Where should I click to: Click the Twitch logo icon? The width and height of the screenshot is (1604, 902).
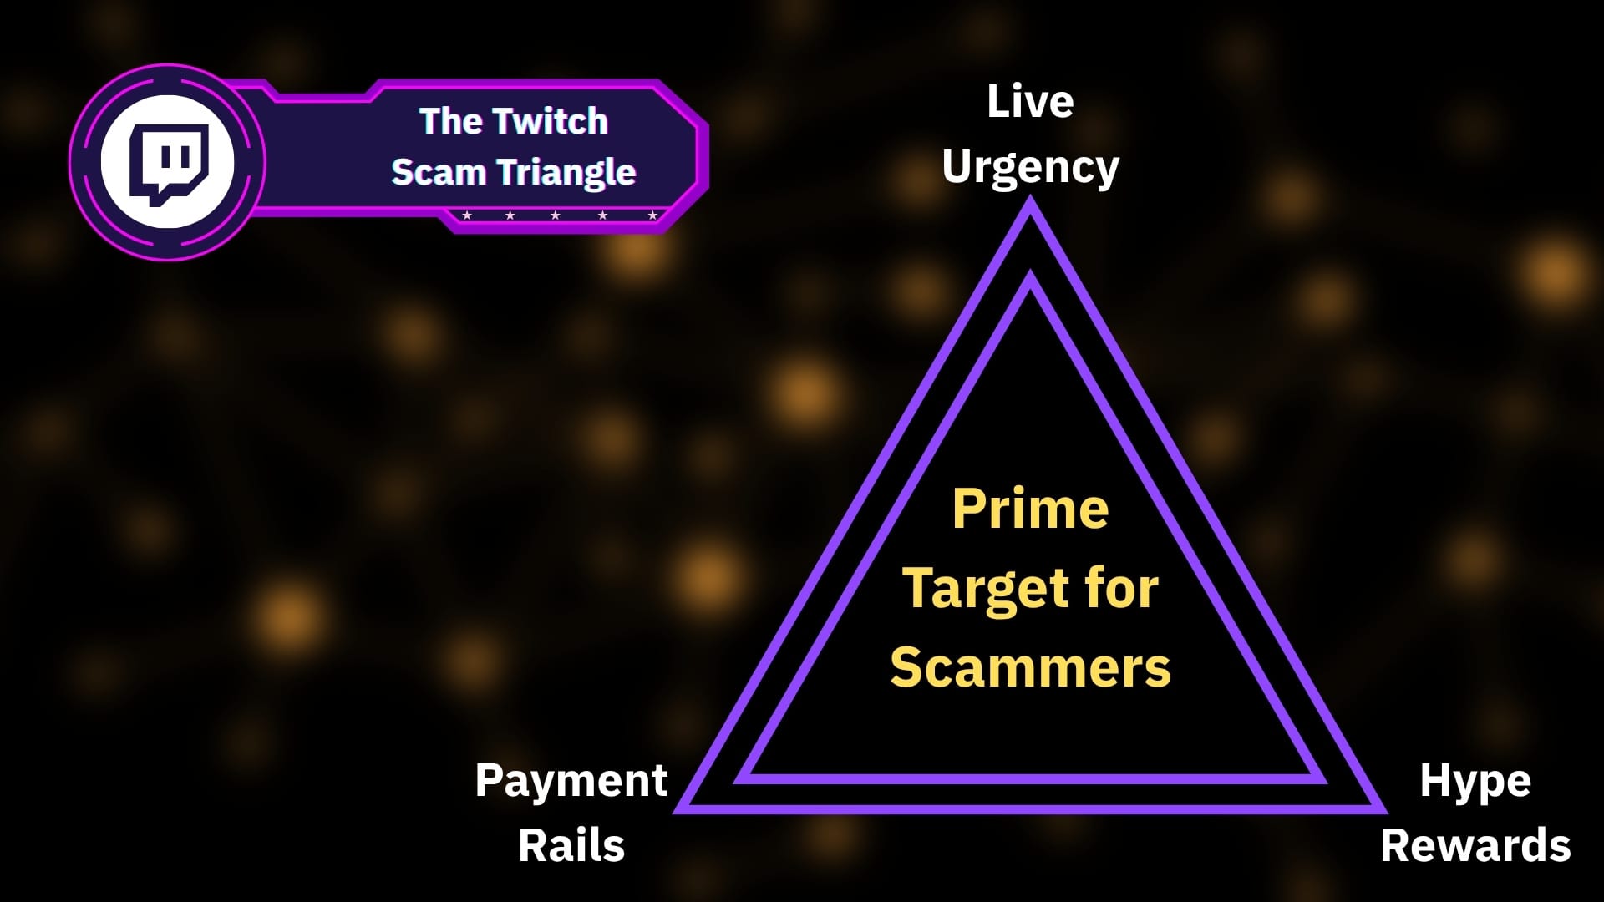(x=167, y=162)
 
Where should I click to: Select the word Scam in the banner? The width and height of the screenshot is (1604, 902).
(x=439, y=172)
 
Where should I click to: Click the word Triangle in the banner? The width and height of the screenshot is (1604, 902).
(x=567, y=173)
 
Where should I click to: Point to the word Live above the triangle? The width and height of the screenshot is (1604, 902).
(x=1030, y=102)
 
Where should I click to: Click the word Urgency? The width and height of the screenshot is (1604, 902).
(x=1030, y=167)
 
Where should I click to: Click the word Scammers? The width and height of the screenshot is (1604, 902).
(x=1030, y=667)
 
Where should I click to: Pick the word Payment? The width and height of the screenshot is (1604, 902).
(x=571, y=781)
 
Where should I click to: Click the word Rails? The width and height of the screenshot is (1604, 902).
(x=571, y=845)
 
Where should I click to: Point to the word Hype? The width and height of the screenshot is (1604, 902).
(x=1475, y=781)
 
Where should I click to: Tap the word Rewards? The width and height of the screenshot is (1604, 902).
(x=1475, y=845)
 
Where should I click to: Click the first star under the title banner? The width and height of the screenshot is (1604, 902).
(x=467, y=215)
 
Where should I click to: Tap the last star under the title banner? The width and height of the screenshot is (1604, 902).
(x=652, y=215)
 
